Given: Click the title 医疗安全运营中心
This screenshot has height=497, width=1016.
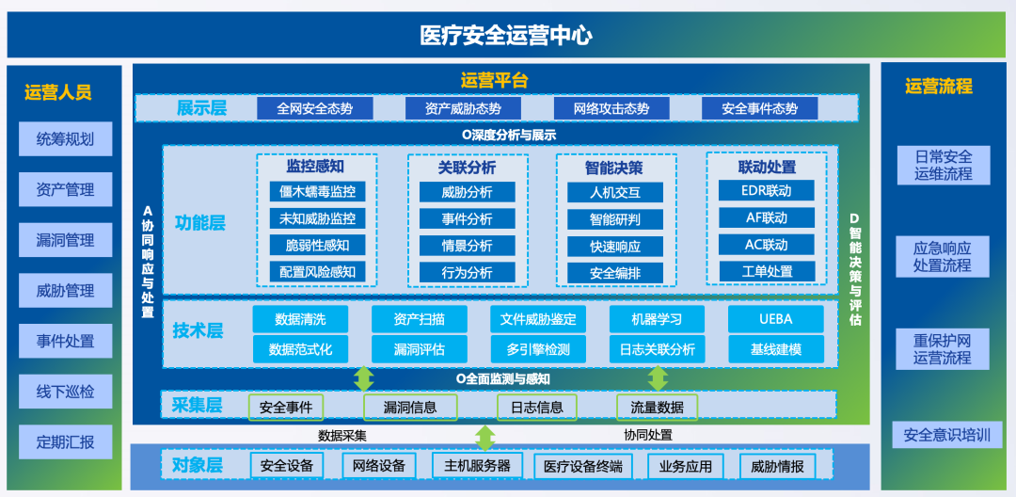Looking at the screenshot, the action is pos(506,35).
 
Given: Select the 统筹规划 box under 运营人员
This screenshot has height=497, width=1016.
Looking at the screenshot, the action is pos(66,139).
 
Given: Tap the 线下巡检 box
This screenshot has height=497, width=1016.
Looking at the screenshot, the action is pos(66,392).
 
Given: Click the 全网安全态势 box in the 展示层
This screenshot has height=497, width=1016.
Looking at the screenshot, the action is pos(315,109).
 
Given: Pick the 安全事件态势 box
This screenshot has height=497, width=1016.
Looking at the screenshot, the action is pos(759,109).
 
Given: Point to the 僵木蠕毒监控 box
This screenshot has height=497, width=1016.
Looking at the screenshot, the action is pos(318,192).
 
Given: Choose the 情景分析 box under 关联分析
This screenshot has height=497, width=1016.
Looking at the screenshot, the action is pos(468,247).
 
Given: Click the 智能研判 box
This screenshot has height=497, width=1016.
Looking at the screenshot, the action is pos(615,219).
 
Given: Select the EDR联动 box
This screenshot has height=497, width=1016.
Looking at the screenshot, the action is pos(767,190).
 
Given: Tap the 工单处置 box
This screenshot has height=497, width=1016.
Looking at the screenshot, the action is pos(767,271).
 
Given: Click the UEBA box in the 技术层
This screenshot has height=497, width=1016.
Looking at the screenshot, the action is pos(776,319).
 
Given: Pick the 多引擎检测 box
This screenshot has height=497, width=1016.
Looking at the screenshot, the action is pos(538,349).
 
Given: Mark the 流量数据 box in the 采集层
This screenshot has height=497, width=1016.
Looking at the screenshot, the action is pos(657,408).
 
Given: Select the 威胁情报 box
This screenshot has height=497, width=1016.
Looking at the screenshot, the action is pos(778,467).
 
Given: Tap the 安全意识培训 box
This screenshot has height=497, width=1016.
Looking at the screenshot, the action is pos(947,435).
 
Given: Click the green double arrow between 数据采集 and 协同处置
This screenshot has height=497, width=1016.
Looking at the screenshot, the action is pos(484,438).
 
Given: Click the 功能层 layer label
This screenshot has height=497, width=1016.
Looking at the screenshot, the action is pos(200,224).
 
